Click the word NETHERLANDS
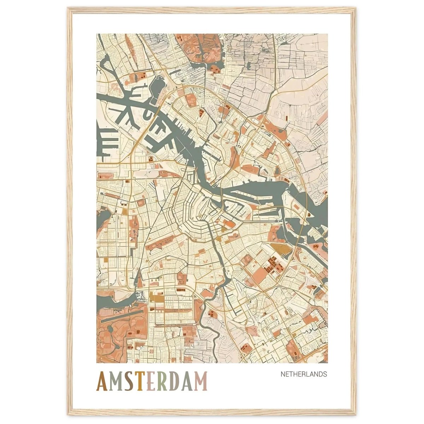tap(304, 374)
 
